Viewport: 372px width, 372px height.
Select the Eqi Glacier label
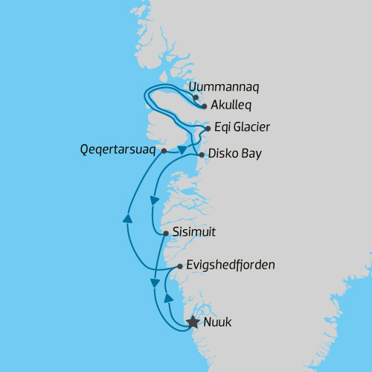(241, 128)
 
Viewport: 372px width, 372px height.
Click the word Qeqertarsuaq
(118, 150)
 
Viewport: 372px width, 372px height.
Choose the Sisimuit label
(193, 232)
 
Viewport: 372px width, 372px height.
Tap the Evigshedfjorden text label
(231, 265)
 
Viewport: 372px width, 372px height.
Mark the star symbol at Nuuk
(193, 322)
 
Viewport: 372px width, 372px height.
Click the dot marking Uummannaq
(196, 97)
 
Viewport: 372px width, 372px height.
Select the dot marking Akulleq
(204, 106)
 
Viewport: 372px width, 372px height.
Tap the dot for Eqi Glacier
(208, 128)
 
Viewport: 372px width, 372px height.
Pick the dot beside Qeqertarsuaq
(162, 150)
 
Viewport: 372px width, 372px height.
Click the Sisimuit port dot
(164, 233)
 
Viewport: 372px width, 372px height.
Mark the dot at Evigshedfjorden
(180, 265)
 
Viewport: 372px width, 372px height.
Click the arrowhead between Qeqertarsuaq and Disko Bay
(182, 150)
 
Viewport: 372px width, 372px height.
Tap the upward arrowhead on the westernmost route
(127, 219)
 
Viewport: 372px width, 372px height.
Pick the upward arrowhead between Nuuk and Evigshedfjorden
(169, 298)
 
